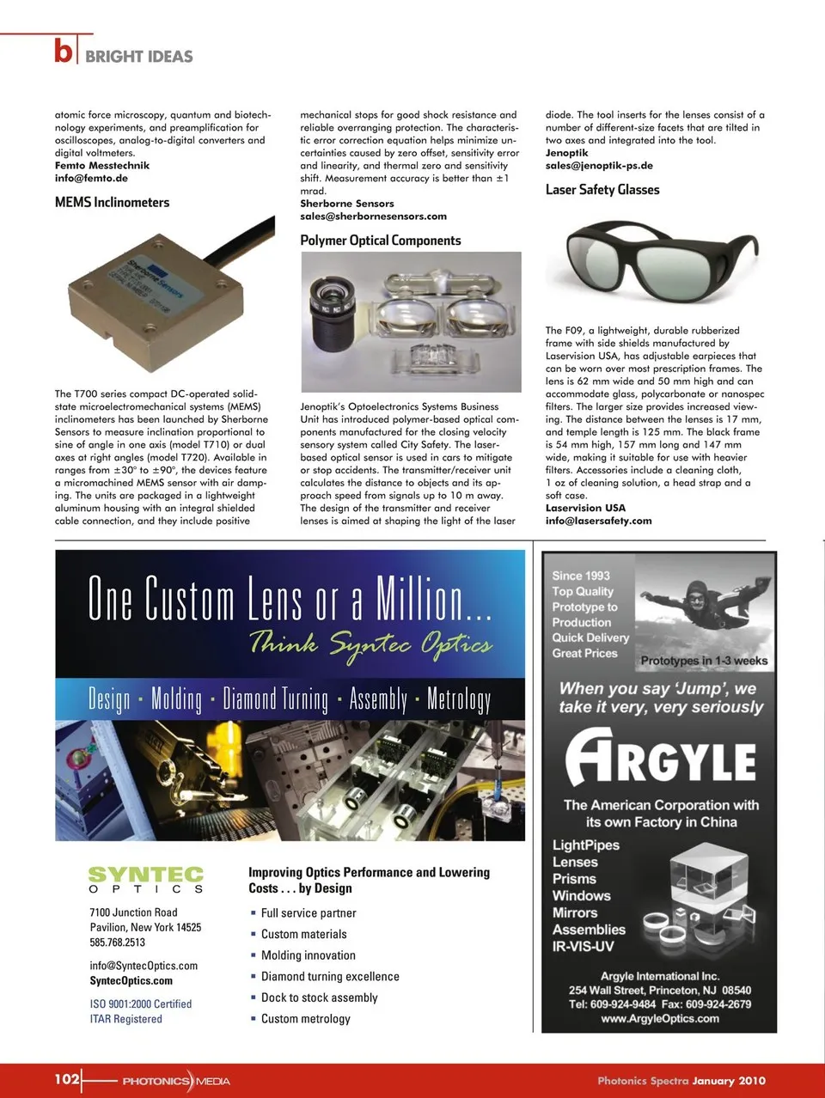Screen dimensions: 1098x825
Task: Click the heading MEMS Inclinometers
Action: (112, 203)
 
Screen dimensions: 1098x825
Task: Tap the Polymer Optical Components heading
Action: (380, 241)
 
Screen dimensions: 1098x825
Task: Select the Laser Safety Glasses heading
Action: (602, 190)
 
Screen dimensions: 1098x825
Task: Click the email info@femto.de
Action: (91, 179)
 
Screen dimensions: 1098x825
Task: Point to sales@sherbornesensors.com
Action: (373, 217)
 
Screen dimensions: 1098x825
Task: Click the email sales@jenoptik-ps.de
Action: (599, 166)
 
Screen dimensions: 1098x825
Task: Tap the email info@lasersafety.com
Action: (598, 521)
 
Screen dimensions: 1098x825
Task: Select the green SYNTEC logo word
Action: (146, 875)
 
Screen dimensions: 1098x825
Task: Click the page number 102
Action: (67, 1078)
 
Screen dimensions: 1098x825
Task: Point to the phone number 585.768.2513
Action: (118, 942)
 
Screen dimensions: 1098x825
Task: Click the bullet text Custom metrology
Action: (305, 1019)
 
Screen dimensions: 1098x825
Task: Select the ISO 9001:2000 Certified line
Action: (141, 1003)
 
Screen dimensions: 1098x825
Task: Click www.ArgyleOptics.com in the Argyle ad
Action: (660, 1019)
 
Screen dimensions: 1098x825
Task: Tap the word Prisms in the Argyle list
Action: (574, 879)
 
